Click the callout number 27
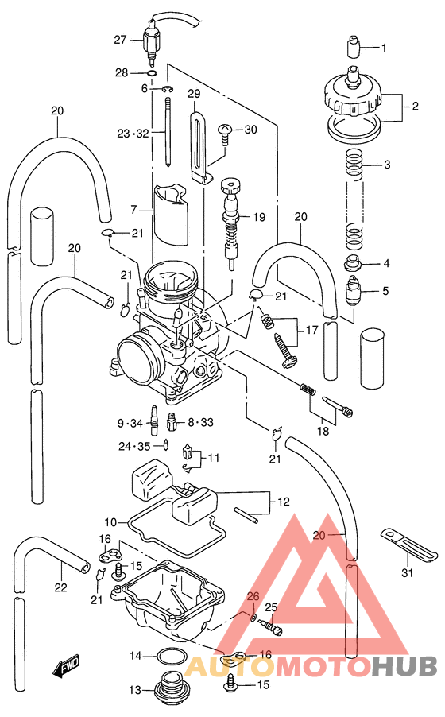pyautogui.click(x=120, y=40)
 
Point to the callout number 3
pyautogui.click(x=387, y=165)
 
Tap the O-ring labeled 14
pyautogui.click(x=168, y=656)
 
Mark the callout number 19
pyautogui.click(x=258, y=217)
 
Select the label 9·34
pyautogui.click(x=131, y=422)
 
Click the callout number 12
pyautogui.click(x=283, y=502)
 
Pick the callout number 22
pyautogui.click(x=60, y=587)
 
